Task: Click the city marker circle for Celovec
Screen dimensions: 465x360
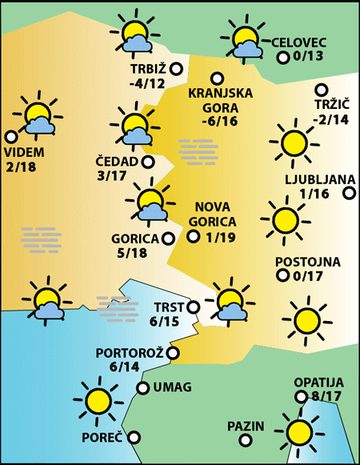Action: (x=282, y=57)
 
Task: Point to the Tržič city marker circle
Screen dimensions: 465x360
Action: (x=322, y=90)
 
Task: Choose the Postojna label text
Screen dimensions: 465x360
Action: (x=308, y=262)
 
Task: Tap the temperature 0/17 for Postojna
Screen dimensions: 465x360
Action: (x=308, y=277)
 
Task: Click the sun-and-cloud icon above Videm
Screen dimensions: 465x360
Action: (x=37, y=118)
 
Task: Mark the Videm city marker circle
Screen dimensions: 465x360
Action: (x=11, y=137)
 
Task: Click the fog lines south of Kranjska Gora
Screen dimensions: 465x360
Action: (x=198, y=150)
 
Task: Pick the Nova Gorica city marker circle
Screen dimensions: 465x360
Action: (x=193, y=236)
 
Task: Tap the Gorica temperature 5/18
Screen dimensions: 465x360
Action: (x=131, y=254)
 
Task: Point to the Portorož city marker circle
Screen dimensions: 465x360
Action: (x=173, y=352)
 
